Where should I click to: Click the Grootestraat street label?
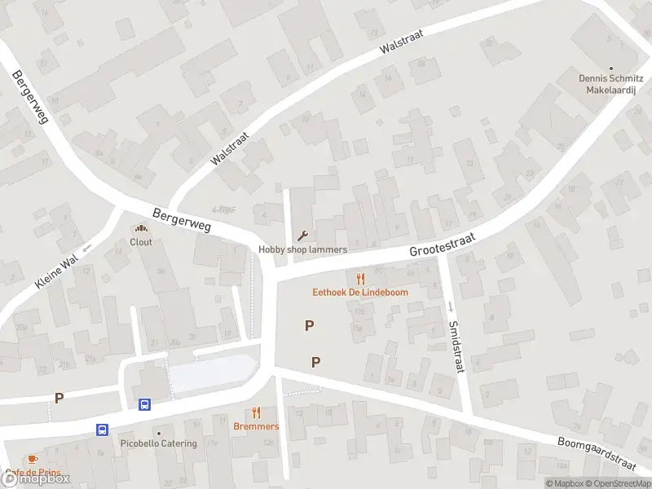[x=441, y=242]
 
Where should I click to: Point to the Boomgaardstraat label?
[x=596, y=453]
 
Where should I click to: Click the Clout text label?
[x=141, y=242]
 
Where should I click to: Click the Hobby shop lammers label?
[x=302, y=249]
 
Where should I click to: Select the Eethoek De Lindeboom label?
[x=360, y=292]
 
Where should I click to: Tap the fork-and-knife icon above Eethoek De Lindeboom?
[x=360, y=279]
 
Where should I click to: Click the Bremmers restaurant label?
[x=256, y=426]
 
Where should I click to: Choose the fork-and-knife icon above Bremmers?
[x=256, y=413]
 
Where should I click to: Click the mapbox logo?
[x=37, y=479]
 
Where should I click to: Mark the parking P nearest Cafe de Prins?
[x=59, y=398]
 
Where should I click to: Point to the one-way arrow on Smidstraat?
[x=450, y=307]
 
